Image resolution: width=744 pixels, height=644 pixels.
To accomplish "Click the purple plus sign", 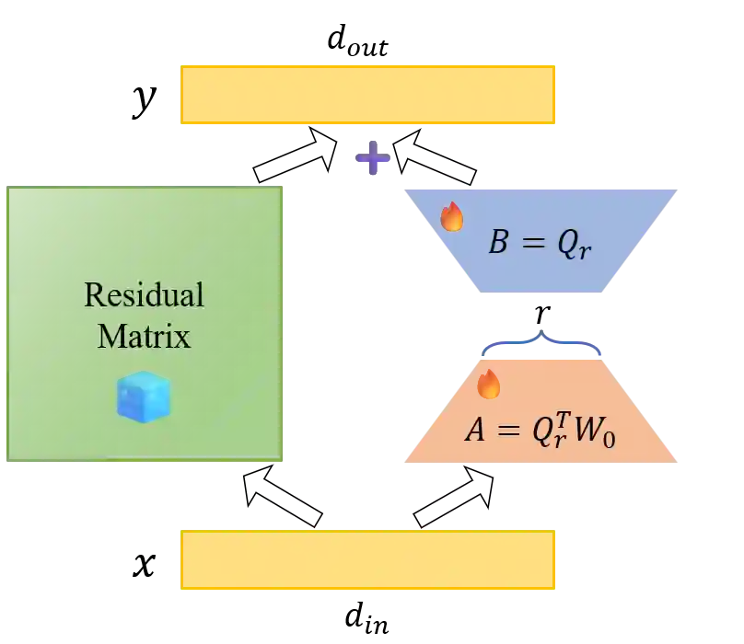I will coord(372,158).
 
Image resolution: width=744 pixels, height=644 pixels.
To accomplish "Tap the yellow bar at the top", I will coord(368,93).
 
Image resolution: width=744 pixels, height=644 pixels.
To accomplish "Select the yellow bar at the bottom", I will coord(368,561).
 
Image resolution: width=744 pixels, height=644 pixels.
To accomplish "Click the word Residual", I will coord(144,295).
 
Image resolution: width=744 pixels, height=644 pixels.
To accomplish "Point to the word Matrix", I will coord(144,336).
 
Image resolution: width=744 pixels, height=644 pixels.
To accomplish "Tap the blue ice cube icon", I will coord(144,397).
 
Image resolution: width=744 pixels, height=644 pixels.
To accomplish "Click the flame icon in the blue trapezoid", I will coord(452,217).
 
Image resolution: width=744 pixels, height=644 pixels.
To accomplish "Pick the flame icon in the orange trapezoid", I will coord(490,384).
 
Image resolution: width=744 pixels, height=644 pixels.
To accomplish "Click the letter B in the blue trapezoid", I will coord(498,244).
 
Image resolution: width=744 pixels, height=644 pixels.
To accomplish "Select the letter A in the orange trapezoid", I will coord(475,430).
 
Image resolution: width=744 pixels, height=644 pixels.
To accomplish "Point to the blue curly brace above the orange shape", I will coord(541,341).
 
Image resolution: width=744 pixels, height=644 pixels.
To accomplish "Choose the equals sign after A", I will coord(509,431).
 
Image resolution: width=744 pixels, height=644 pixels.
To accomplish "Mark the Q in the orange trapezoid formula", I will coord(544,431).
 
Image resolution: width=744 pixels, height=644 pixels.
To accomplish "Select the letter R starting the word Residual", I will coord(93,295).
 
